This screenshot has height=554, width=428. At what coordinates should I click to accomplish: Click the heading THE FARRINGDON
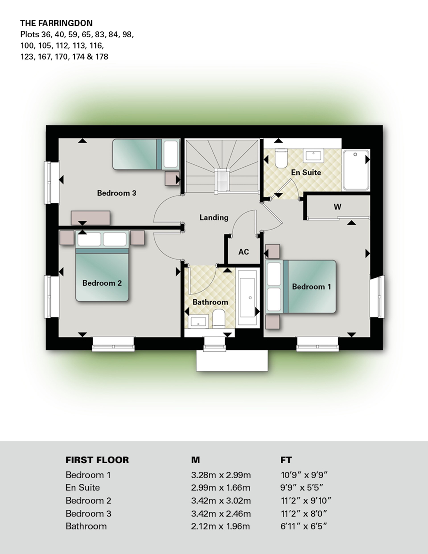56,23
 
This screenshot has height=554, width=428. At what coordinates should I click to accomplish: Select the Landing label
214,217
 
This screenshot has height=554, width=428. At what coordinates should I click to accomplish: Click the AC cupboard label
243,252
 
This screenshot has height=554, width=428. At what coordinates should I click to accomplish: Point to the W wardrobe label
337,207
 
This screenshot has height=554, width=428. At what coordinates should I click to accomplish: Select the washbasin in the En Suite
314,155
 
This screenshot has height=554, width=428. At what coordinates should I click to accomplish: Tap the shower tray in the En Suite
356,170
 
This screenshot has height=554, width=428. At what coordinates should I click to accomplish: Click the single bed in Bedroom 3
146,154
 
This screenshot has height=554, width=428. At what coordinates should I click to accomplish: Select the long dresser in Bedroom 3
91,218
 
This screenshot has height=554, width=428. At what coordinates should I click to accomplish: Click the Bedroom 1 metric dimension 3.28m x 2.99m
221,475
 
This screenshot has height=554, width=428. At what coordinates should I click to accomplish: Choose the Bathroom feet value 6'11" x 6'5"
304,526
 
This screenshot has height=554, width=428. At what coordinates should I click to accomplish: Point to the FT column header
286,460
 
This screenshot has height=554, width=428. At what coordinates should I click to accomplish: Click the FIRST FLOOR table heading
97,460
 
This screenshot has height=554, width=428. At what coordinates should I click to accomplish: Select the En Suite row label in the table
83,488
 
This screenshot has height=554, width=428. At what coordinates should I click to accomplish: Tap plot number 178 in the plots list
102,57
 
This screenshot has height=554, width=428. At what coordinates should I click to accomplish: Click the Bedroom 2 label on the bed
102,283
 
